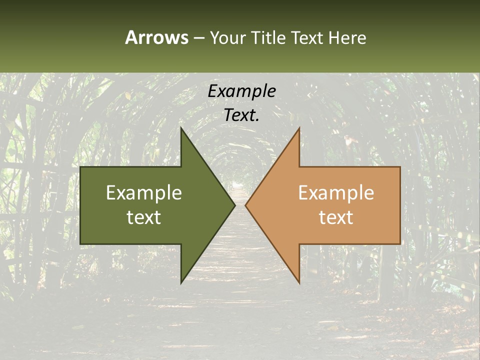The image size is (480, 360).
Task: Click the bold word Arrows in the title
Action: point(156,37)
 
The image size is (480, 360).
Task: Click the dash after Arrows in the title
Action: point(198,38)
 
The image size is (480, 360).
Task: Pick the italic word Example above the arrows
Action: point(242,91)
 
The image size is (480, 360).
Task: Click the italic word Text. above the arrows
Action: point(242,115)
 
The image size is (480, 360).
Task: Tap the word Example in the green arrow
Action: point(144,193)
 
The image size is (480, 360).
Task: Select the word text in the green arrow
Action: point(144,217)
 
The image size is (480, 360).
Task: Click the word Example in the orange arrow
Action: point(336,193)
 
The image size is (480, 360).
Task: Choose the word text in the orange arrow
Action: point(336,217)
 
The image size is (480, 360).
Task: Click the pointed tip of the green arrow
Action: point(234,205)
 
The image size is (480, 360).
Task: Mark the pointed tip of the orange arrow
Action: point(246,205)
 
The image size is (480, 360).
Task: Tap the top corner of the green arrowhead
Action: point(181,128)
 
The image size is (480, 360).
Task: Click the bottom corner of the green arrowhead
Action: point(181,283)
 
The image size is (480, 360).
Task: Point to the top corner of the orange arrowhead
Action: point(299,128)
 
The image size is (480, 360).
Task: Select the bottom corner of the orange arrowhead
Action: point(299,283)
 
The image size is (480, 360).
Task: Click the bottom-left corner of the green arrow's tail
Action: point(80,244)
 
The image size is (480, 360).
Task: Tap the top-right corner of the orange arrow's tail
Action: point(400,167)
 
